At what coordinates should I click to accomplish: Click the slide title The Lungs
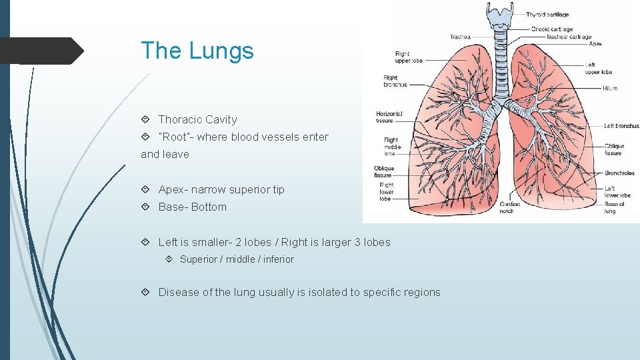pos(197,51)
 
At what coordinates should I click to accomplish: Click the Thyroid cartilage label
pos(547,15)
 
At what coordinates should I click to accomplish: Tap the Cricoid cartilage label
pos(551,29)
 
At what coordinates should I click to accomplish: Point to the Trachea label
pos(460,37)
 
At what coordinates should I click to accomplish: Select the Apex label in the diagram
pos(595,44)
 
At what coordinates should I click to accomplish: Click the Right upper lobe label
pos(408,57)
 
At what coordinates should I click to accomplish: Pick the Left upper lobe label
pos(598,69)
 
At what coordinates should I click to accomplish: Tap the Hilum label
pos(610,88)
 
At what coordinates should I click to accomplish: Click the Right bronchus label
pos(395,81)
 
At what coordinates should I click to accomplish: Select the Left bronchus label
pos(621,126)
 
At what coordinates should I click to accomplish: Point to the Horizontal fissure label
pos(389,117)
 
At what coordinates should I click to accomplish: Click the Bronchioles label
pos(619,173)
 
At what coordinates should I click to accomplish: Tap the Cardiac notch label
pos(510,207)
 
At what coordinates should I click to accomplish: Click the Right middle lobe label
pos(392,147)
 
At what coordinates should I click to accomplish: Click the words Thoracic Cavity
pos(197,120)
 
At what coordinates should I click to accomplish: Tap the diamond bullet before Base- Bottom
pos(145,207)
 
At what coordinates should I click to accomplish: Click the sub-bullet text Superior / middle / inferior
pos(237,259)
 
